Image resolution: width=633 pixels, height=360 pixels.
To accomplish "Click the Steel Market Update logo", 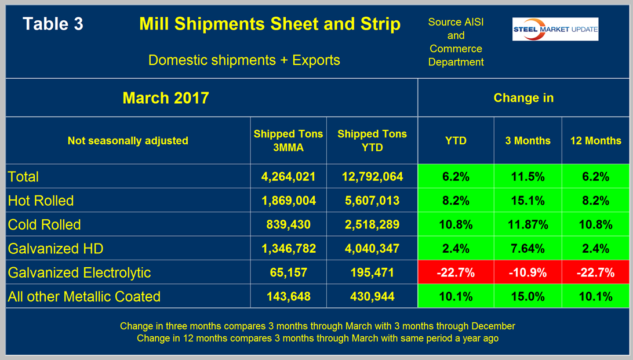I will [555, 30].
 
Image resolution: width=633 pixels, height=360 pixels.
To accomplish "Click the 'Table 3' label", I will [53, 24].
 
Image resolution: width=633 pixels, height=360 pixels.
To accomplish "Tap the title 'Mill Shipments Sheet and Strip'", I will [270, 24].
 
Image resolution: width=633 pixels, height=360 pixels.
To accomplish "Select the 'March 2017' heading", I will [166, 97].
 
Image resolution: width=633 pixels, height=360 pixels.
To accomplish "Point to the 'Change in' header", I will [523, 97].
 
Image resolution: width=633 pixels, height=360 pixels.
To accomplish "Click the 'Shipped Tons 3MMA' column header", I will [288, 140].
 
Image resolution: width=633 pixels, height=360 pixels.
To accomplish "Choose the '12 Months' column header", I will [595, 140].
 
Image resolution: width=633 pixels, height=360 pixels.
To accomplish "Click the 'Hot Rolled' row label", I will [41, 201].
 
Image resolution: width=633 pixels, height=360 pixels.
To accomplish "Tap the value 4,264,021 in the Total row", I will [288, 176].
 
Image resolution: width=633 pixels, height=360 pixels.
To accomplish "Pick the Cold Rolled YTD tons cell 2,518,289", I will [371, 224].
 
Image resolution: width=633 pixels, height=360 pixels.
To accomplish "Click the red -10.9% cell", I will [527, 272].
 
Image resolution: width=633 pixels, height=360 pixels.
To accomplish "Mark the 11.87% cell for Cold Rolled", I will [527, 224].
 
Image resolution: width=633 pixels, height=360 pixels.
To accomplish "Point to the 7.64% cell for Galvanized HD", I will [527, 249].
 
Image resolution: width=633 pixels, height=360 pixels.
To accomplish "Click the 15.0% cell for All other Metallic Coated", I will [527, 296].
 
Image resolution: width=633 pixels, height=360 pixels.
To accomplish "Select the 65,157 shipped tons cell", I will [288, 272].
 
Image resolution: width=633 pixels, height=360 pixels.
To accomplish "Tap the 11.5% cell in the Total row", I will [527, 176].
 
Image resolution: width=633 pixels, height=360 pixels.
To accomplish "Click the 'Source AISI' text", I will [456, 22].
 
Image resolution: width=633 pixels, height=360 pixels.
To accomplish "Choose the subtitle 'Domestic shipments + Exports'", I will [244, 60].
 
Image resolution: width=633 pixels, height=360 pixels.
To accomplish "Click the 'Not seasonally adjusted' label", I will [128, 140].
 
